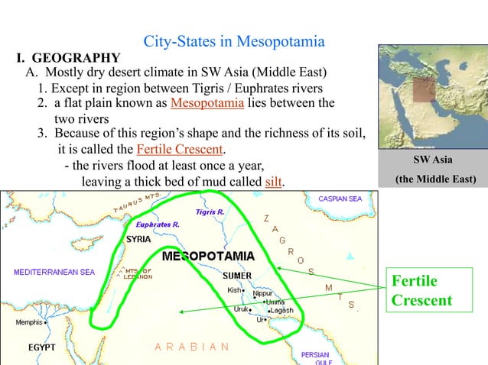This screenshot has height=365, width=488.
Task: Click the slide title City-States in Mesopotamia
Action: click(x=234, y=41)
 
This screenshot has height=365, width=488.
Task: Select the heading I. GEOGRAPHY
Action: click(x=68, y=58)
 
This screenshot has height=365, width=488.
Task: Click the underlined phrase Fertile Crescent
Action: click(x=184, y=148)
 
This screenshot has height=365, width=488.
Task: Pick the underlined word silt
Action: click(x=272, y=182)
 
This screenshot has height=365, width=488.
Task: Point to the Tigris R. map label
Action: click(x=210, y=211)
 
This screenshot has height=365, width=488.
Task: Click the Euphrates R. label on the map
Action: click(x=157, y=225)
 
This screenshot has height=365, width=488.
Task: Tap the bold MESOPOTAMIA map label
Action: click(x=209, y=256)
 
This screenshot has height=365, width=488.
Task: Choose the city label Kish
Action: click(x=234, y=290)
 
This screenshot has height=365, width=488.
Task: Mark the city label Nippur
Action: click(x=262, y=293)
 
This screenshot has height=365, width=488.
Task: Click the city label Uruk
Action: click(x=241, y=310)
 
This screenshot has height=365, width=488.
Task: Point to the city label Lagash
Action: click(x=281, y=311)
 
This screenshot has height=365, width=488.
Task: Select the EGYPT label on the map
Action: click(x=43, y=347)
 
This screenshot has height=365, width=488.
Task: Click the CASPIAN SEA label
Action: click(x=340, y=199)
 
